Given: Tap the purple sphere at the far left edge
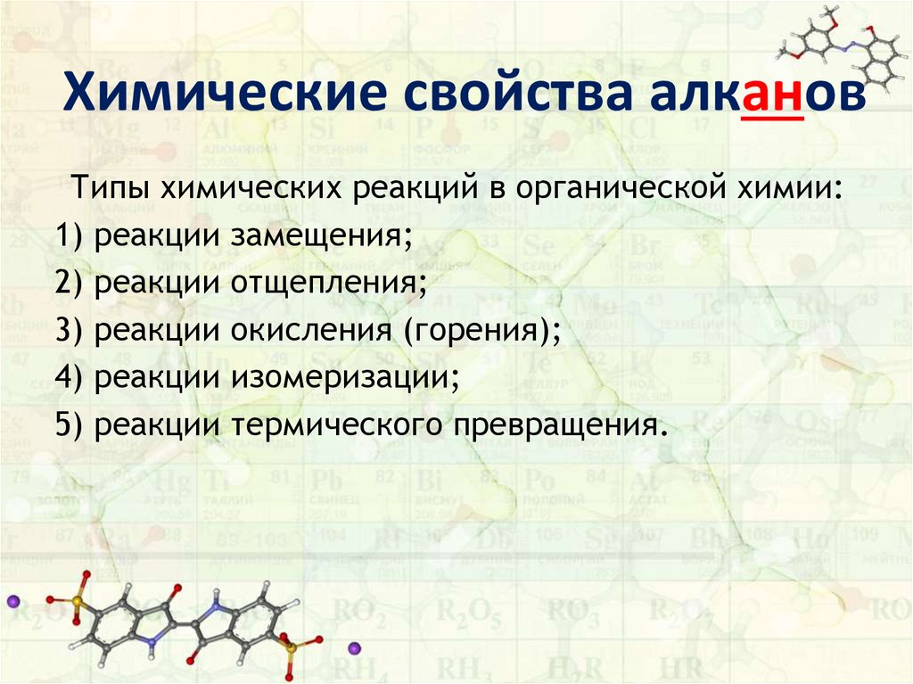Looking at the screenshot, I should tap(12, 600).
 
